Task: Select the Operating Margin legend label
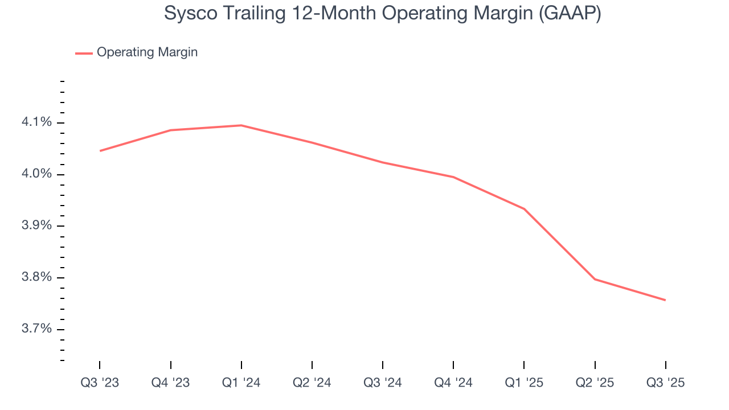[x=147, y=52]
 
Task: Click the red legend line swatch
[x=84, y=53]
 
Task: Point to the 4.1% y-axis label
[x=37, y=122]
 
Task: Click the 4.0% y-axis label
[x=37, y=174]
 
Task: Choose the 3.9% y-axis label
[x=37, y=226]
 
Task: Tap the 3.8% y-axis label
[x=37, y=278]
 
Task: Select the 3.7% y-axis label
[x=37, y=330]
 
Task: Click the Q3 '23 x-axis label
[x=100, y=383]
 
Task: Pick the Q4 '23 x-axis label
[x=170, y=383]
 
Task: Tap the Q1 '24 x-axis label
[x=241, y=383]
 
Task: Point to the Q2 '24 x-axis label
[x=312, y=383]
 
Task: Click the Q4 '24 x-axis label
[x=453, y=383]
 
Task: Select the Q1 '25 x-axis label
[x=524, y=383]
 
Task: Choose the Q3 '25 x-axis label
[x=665, y=383]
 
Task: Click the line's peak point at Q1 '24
[x=241, y=125]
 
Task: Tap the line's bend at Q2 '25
[x=595, y=279]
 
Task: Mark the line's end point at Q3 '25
[x=665, y=300]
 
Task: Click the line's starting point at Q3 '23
[x=100, y=151]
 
